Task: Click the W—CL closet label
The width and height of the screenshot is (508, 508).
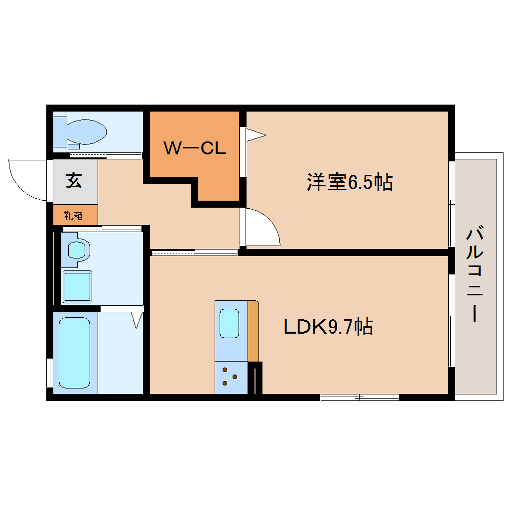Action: point(195,148)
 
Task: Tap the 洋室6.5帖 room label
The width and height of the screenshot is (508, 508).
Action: point(349,182)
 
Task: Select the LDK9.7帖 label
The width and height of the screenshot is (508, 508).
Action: point(328,327)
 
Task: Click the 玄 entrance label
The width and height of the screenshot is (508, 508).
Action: point(74,180)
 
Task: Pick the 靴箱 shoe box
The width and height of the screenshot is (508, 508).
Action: point(74,215)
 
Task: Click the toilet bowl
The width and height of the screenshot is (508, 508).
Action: point(87,131)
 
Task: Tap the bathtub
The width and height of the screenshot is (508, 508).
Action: point(75,353)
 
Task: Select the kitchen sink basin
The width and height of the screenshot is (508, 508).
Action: point(229,323)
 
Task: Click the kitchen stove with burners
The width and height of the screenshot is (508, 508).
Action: point(231,377)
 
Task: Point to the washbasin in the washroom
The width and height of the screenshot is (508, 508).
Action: point(77,249)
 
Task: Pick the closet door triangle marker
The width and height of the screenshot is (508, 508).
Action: point(254,134)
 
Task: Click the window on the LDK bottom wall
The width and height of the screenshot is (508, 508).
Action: point(360,397)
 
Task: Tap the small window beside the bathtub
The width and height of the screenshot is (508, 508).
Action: point(49,372)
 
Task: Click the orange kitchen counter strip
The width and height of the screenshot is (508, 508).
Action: point(253,331)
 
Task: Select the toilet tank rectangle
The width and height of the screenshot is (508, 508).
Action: point(60,131)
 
